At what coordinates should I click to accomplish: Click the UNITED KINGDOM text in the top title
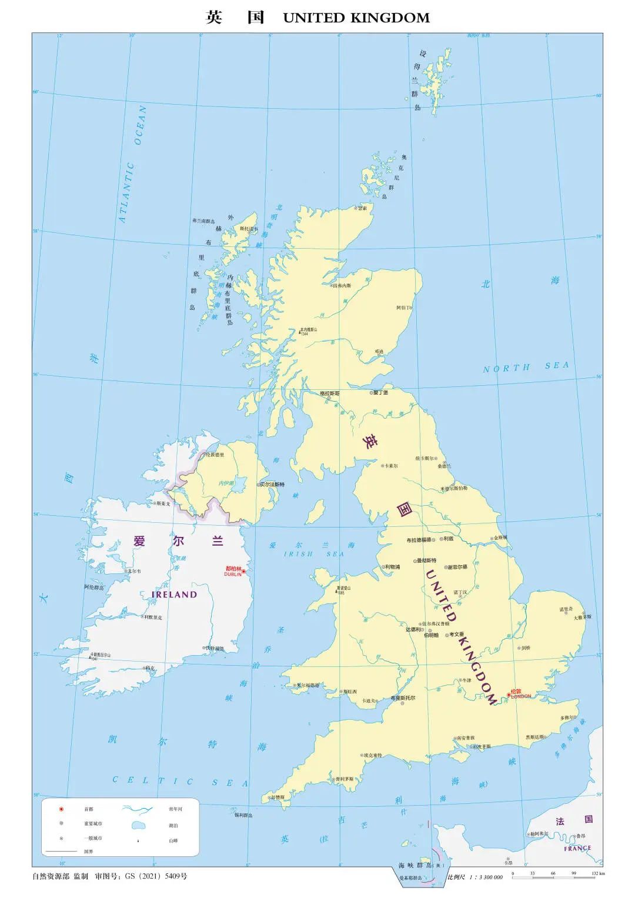coord(356,18)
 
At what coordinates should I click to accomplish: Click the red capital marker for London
coord(509,695)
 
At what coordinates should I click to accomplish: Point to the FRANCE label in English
coord(577,849)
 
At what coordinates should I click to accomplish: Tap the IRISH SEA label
coord(314,554)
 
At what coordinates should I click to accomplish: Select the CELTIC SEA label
coord(181,782)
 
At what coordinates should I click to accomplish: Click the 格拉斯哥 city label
coord(329,393)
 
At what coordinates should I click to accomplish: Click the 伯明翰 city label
coord(431,635)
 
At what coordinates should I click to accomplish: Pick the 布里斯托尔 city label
coord(403,698)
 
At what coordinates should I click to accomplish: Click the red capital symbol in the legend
coord(61,809)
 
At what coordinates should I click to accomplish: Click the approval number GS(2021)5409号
coord(156,876)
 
